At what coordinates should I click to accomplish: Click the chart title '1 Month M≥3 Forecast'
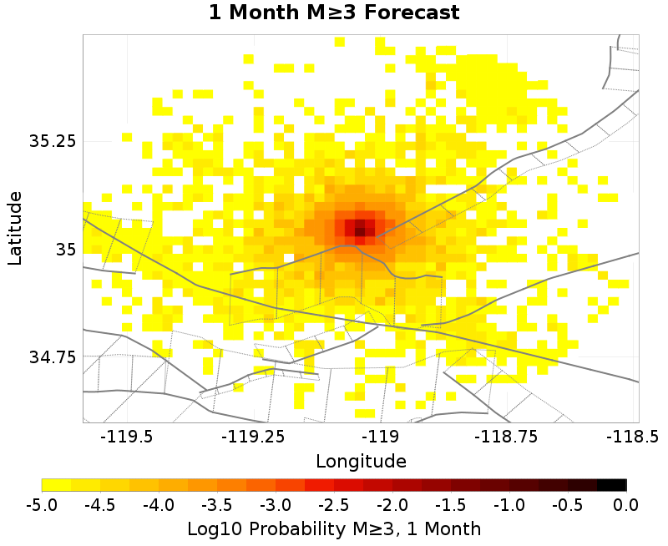[x=334, y=13]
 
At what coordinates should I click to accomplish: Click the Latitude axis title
[x=14, y=228]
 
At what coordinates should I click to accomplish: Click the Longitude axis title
[x=361, y=461]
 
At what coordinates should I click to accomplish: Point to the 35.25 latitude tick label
[x=52, y=141]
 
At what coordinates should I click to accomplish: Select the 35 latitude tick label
[x=64, y=249]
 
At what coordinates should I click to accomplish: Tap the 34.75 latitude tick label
[x=52, y=356]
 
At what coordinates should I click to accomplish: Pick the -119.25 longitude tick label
[x=248, y=436]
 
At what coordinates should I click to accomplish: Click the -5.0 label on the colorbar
[x=42, y=504]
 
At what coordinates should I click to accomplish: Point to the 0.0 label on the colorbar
[x=626, y=504]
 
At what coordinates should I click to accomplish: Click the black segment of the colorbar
[x=612, y=484]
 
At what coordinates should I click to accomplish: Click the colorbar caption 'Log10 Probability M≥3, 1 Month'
[x=334, y=528]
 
